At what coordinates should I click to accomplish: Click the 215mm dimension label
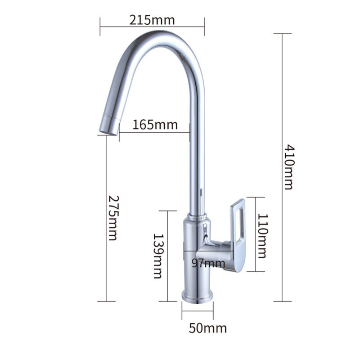click(152, 20)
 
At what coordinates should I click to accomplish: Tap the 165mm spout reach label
click(155, 125)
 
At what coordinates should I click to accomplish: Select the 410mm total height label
click(288, 167)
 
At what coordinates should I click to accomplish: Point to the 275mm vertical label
click(113, 218)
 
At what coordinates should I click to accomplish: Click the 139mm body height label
click(158, 256)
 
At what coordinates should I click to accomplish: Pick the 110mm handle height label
click(263, 236)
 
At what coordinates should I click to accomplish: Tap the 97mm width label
click(208, 263)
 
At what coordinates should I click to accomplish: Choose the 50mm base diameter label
click(208, 328)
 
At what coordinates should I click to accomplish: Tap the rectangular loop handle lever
click(238, 234)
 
